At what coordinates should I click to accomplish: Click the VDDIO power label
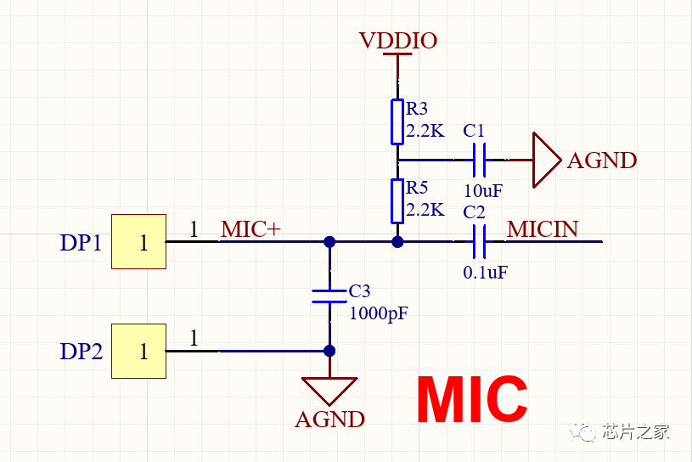tap(397, 41)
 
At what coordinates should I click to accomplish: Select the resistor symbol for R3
tap(397, 121)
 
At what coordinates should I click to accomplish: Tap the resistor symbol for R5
tap(397, 200)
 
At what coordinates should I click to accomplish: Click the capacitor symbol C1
tap(480, 159)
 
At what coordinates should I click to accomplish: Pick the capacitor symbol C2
tap(480, 242)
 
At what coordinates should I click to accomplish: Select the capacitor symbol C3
tap(329, 296)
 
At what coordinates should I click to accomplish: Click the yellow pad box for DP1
tap(138, 242)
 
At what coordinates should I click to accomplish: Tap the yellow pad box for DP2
tap(138, 351)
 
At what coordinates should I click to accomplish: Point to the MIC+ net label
tap(250, 229)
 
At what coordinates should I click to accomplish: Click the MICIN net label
tap(543, 229)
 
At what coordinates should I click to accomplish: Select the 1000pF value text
tap(379, 313)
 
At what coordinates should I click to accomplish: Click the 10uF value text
tap(483, 189)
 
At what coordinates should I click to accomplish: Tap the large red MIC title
tap(472, 400)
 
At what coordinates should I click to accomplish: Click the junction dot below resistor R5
tap(397, 242)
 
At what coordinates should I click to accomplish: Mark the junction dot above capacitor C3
tap(329, 242)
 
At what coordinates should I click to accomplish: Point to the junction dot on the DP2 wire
tap(329, 351)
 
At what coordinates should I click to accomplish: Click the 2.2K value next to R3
tap(425, 131)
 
